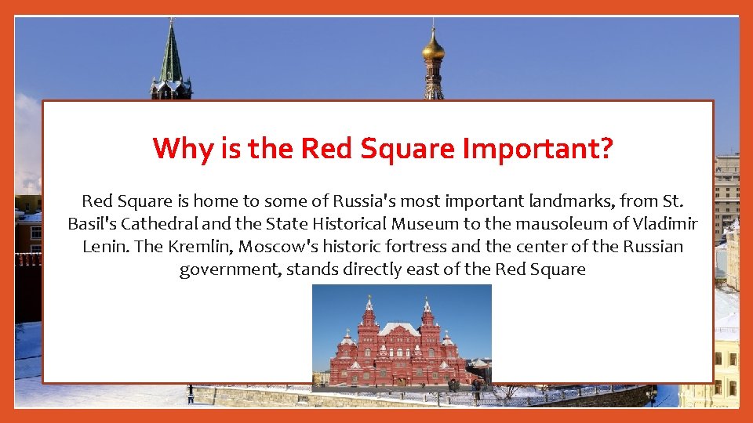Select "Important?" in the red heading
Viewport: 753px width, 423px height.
point(537,148)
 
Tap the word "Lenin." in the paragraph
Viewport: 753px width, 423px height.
point(106,247)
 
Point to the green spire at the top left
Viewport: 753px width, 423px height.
point(171,59)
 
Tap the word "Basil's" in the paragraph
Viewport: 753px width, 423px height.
point(93,224)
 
